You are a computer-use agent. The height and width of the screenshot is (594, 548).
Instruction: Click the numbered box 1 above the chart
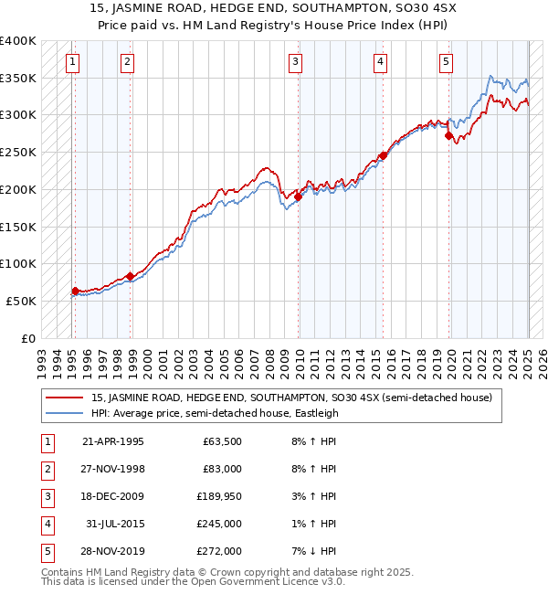click(x=72, y=62)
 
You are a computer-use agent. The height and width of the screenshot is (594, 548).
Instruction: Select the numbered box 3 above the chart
click(x=296, y=62)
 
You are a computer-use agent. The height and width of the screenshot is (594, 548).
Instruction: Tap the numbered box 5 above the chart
click(x=446, y=62)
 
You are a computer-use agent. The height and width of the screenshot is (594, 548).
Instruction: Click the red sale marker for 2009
click(x=299, y=196)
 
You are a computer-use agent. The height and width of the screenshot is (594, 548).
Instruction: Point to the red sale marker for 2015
click(x=384, y=155)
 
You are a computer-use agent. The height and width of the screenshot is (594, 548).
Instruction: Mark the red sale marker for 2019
click(x=448, y=136)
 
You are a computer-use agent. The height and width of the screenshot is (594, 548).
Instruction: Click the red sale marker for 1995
click(x=75, y=291)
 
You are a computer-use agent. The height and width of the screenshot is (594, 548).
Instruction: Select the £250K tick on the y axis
click(x=18, y=152)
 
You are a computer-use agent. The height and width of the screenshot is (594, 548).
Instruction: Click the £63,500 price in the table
click(x=219, y=441)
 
